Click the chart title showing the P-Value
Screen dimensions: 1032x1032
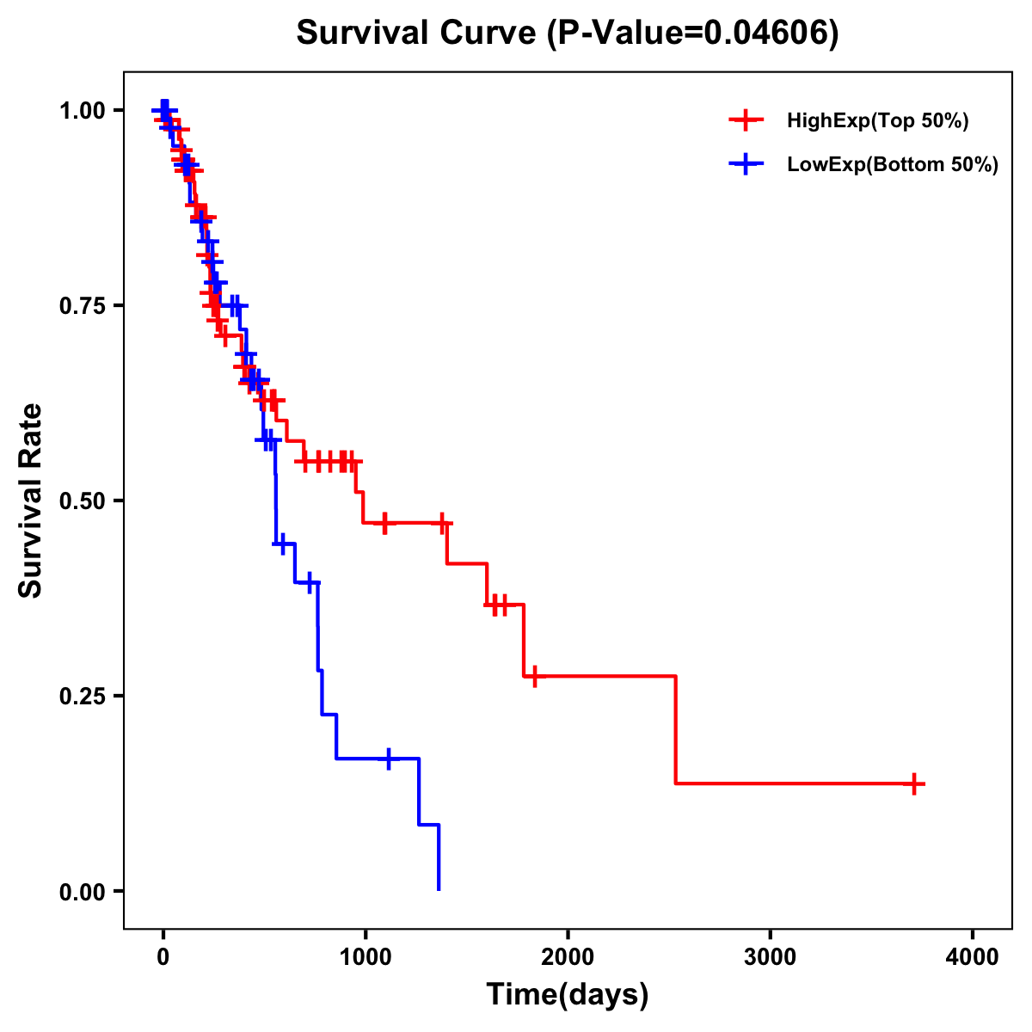click(x=568, y=34)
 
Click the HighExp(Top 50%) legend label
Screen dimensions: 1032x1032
click(x=878, y=121)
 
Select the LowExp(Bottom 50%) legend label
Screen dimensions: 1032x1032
click(x=893, y=165)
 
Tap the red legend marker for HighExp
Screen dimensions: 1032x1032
click(x=746, y=121)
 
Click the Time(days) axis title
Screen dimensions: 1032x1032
click(x=568, y=995)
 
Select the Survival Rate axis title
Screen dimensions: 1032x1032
click(x=31, y=501)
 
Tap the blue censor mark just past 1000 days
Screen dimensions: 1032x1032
click(x=389, y=759)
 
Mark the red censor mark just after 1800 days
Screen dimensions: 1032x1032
click(x=534, y=676)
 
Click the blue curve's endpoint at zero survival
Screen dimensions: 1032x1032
click(x=439, y=889)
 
